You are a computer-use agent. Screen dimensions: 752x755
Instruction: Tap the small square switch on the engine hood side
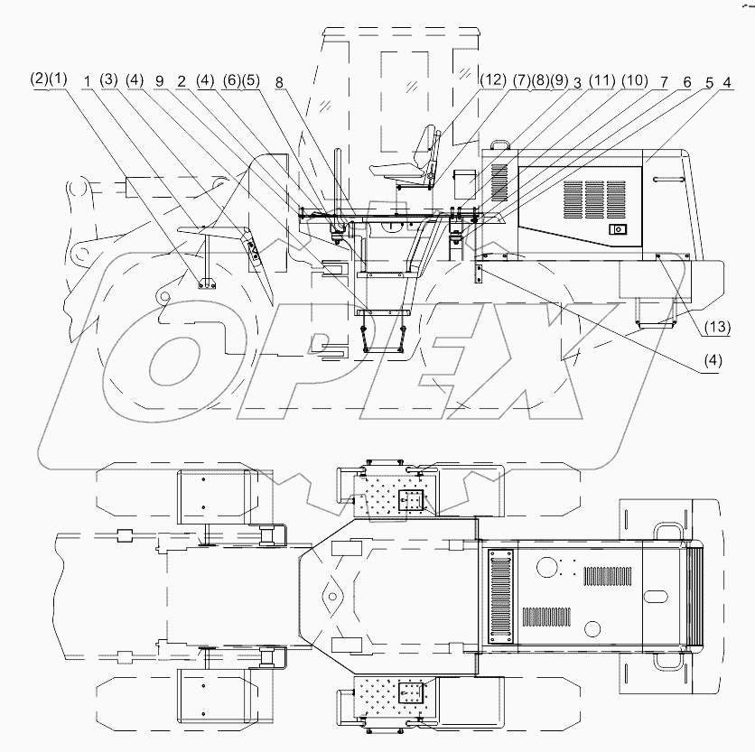pyautogui.click(x=618, y=229)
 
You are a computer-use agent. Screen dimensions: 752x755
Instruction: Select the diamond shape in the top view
pyautogui.click(x=331, y=596)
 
